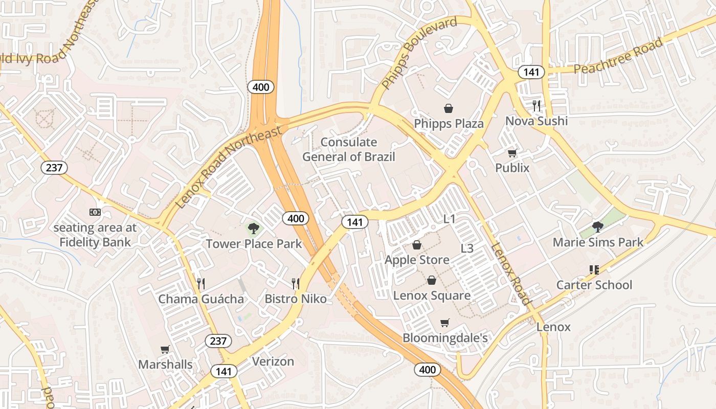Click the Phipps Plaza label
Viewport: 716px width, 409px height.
coord(449,124)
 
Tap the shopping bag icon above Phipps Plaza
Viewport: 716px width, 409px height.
coord(449,108)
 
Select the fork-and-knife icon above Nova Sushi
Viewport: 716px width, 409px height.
coord(536,106)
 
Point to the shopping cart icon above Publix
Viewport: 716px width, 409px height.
coord(512,153)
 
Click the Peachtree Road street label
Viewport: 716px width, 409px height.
coord(618,56)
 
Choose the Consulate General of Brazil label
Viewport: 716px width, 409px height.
coord(349,149)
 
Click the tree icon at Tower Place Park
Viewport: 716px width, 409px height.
coord(253,229)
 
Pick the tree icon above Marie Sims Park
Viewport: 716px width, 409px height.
coord(597,226)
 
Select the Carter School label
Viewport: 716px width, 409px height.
coord(594,285)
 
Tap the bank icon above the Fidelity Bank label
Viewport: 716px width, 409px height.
coord(95,212)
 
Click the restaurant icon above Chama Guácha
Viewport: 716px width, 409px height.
coord(201,283)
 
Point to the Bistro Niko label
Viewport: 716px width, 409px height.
coord(296,299)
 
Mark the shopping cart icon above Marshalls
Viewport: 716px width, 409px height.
coord(165,350)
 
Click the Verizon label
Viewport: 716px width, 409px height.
coord(273,361)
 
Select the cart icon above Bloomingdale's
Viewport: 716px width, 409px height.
coord(445,323)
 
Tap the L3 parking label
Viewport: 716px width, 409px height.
coord(467,248)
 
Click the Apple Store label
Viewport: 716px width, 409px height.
coord(417,260)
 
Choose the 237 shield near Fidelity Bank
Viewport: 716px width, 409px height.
coord(54,167)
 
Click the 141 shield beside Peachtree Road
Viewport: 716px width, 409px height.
coord(531,72)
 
